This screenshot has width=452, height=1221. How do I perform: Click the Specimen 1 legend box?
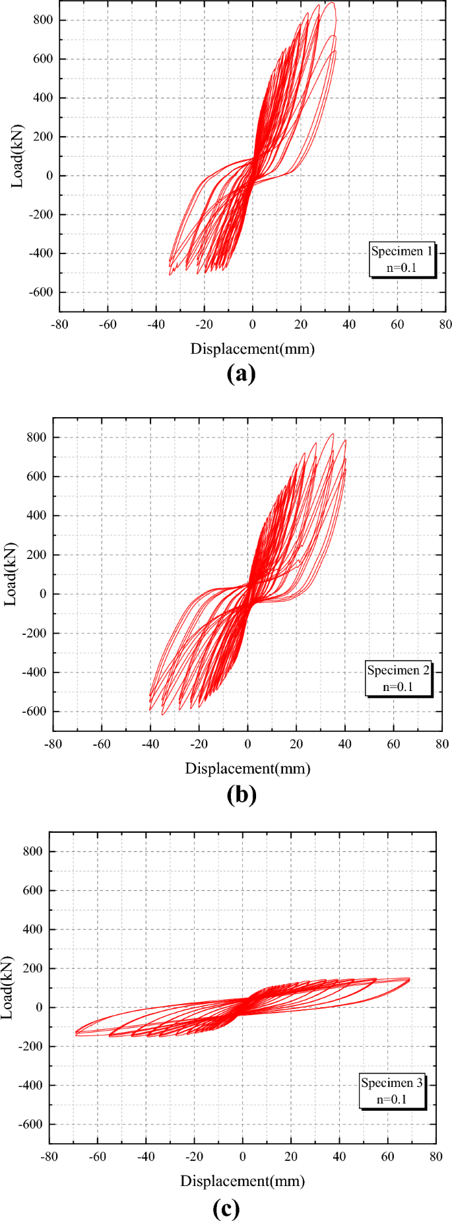point(402,259)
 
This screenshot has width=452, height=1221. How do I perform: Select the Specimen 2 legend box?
point(398,678)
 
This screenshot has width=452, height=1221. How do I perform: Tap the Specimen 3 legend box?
point(392,1092)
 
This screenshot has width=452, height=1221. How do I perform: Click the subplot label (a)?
point(240,374)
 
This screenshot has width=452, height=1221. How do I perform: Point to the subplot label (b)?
point(241,794)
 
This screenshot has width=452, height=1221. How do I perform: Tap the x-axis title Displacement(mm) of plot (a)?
point(252,348)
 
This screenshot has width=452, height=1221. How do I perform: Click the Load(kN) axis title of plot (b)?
point(11,574)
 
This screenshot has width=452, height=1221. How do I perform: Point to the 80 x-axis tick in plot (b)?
point(441,744)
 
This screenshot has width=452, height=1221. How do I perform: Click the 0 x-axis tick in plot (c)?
point(242,1156)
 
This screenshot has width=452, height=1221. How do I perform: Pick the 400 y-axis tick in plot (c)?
point(32,929)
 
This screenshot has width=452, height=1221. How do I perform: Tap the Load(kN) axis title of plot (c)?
point(8,988)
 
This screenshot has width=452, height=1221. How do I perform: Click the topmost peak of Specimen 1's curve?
point(331,3)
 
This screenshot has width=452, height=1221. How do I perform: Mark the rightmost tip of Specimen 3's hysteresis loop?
point(409,979)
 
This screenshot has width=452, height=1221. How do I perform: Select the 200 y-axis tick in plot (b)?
point(36,555)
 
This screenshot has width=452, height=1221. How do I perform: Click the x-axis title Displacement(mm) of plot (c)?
point(242,1181)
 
